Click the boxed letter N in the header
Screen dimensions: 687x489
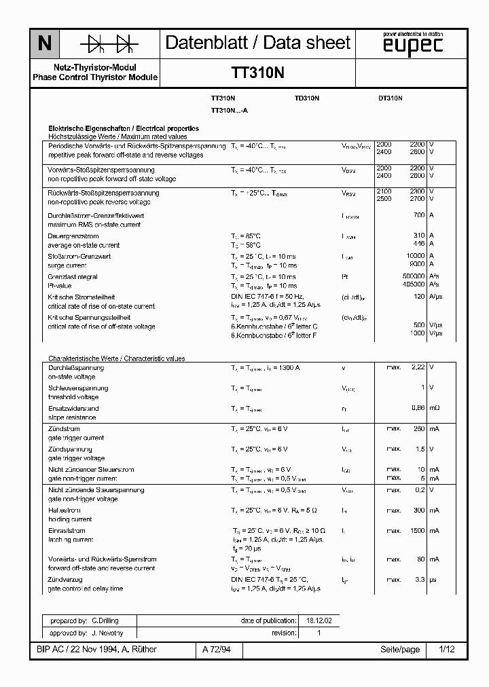pos(44,44)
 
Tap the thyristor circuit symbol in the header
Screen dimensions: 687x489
pos(108,44)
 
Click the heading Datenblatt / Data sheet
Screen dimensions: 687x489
pos(258,43)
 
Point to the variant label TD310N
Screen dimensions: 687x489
pos(307,98)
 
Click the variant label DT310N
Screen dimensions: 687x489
pos(391,98)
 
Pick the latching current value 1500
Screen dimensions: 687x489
pos(416,531)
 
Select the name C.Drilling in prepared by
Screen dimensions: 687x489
pos(105,620)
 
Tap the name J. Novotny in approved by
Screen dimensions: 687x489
pos(107,633)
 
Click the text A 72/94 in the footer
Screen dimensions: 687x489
pos(217,650)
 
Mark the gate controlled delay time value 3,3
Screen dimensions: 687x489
pos(419,580)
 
